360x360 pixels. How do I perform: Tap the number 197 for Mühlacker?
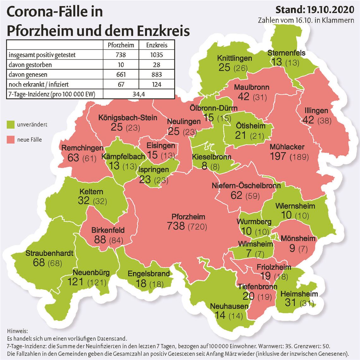(278, 156)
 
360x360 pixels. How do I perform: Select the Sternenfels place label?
(286, 52)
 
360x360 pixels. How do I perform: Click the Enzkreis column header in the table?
(157, 45)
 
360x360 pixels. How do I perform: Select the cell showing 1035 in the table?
(157, 55)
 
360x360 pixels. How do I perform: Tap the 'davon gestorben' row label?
(30, 65)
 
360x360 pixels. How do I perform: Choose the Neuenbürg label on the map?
(91, 272)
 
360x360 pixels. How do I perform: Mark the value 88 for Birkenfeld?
(100, 239)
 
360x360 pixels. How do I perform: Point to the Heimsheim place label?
(299, 294)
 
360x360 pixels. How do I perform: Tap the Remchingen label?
(82, 148)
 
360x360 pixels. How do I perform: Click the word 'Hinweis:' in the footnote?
(17, 331)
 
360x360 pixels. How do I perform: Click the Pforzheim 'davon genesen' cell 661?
(121, 75)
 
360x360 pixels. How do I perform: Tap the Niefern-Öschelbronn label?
(246, 185)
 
